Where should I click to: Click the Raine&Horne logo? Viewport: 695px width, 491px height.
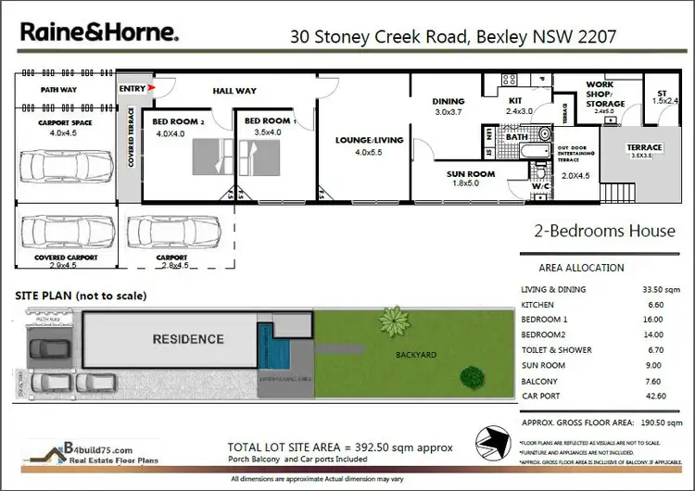point(100,33)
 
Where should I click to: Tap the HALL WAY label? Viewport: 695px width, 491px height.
point(234,91)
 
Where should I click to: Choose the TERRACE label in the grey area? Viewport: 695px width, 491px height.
point(644,148)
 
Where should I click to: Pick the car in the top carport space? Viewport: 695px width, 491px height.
point(66,167)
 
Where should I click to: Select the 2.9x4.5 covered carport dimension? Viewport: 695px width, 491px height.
point(67,265)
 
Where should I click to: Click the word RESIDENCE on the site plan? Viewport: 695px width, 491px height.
point(188,339)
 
